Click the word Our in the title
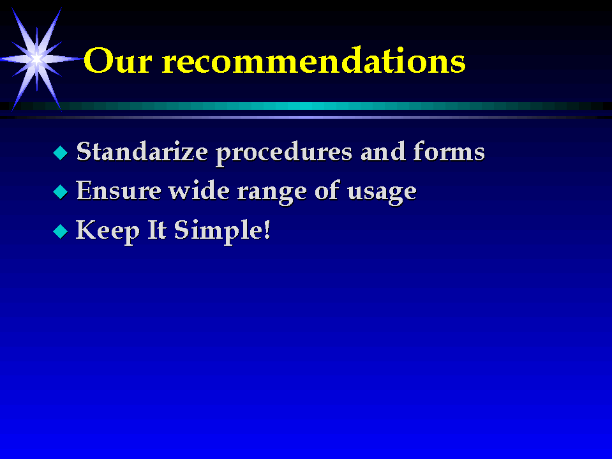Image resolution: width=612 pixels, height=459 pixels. coord(117,60)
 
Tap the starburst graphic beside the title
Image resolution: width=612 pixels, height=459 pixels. coord(36,59)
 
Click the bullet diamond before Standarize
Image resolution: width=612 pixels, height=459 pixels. coord(61,153)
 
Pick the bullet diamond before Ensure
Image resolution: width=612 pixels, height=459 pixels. coord(61,192)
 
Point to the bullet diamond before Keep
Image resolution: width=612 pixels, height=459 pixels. coord(61,231)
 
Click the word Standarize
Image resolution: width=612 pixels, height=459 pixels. coord(142,151)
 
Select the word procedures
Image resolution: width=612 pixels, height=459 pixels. coord(284,153)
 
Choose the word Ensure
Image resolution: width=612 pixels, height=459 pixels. coord(119,190)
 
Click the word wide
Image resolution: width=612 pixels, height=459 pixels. coord(199,190)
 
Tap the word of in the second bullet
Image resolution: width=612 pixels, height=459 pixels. coord(327,190)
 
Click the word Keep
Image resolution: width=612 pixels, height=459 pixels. coord(108,232)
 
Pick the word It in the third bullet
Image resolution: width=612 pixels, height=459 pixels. coord(157,230)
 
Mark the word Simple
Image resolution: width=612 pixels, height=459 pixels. coord(218,232)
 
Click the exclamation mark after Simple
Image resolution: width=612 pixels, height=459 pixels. coord(267,230)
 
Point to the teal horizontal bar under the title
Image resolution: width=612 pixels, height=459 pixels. coord(306,106)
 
